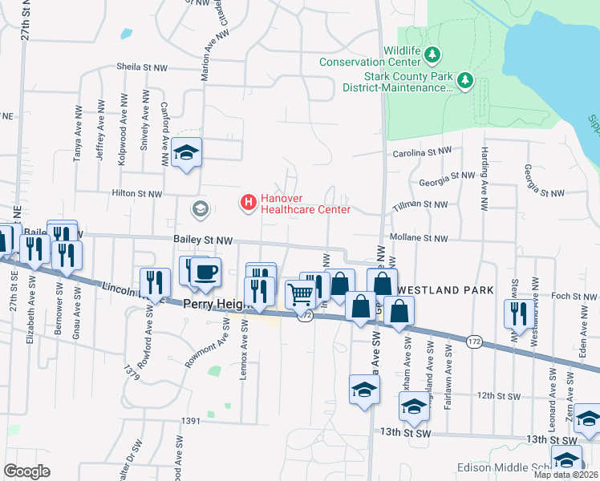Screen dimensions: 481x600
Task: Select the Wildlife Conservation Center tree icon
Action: click(433, 55)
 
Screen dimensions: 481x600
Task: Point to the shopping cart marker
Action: click(301, 294)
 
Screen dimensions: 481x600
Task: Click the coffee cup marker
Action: click(206, 271)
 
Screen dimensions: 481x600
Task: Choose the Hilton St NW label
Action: click(136, 194)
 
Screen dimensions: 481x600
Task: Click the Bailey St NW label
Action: click(203, 240)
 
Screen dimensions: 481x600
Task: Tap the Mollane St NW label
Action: click(418, 238)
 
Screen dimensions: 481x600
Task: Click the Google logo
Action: click(26, 471)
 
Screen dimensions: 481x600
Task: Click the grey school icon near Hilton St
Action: click(200, 209)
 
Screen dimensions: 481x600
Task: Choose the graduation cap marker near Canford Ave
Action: click(186, 152)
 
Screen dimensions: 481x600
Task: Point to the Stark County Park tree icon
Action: click(464, 80)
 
